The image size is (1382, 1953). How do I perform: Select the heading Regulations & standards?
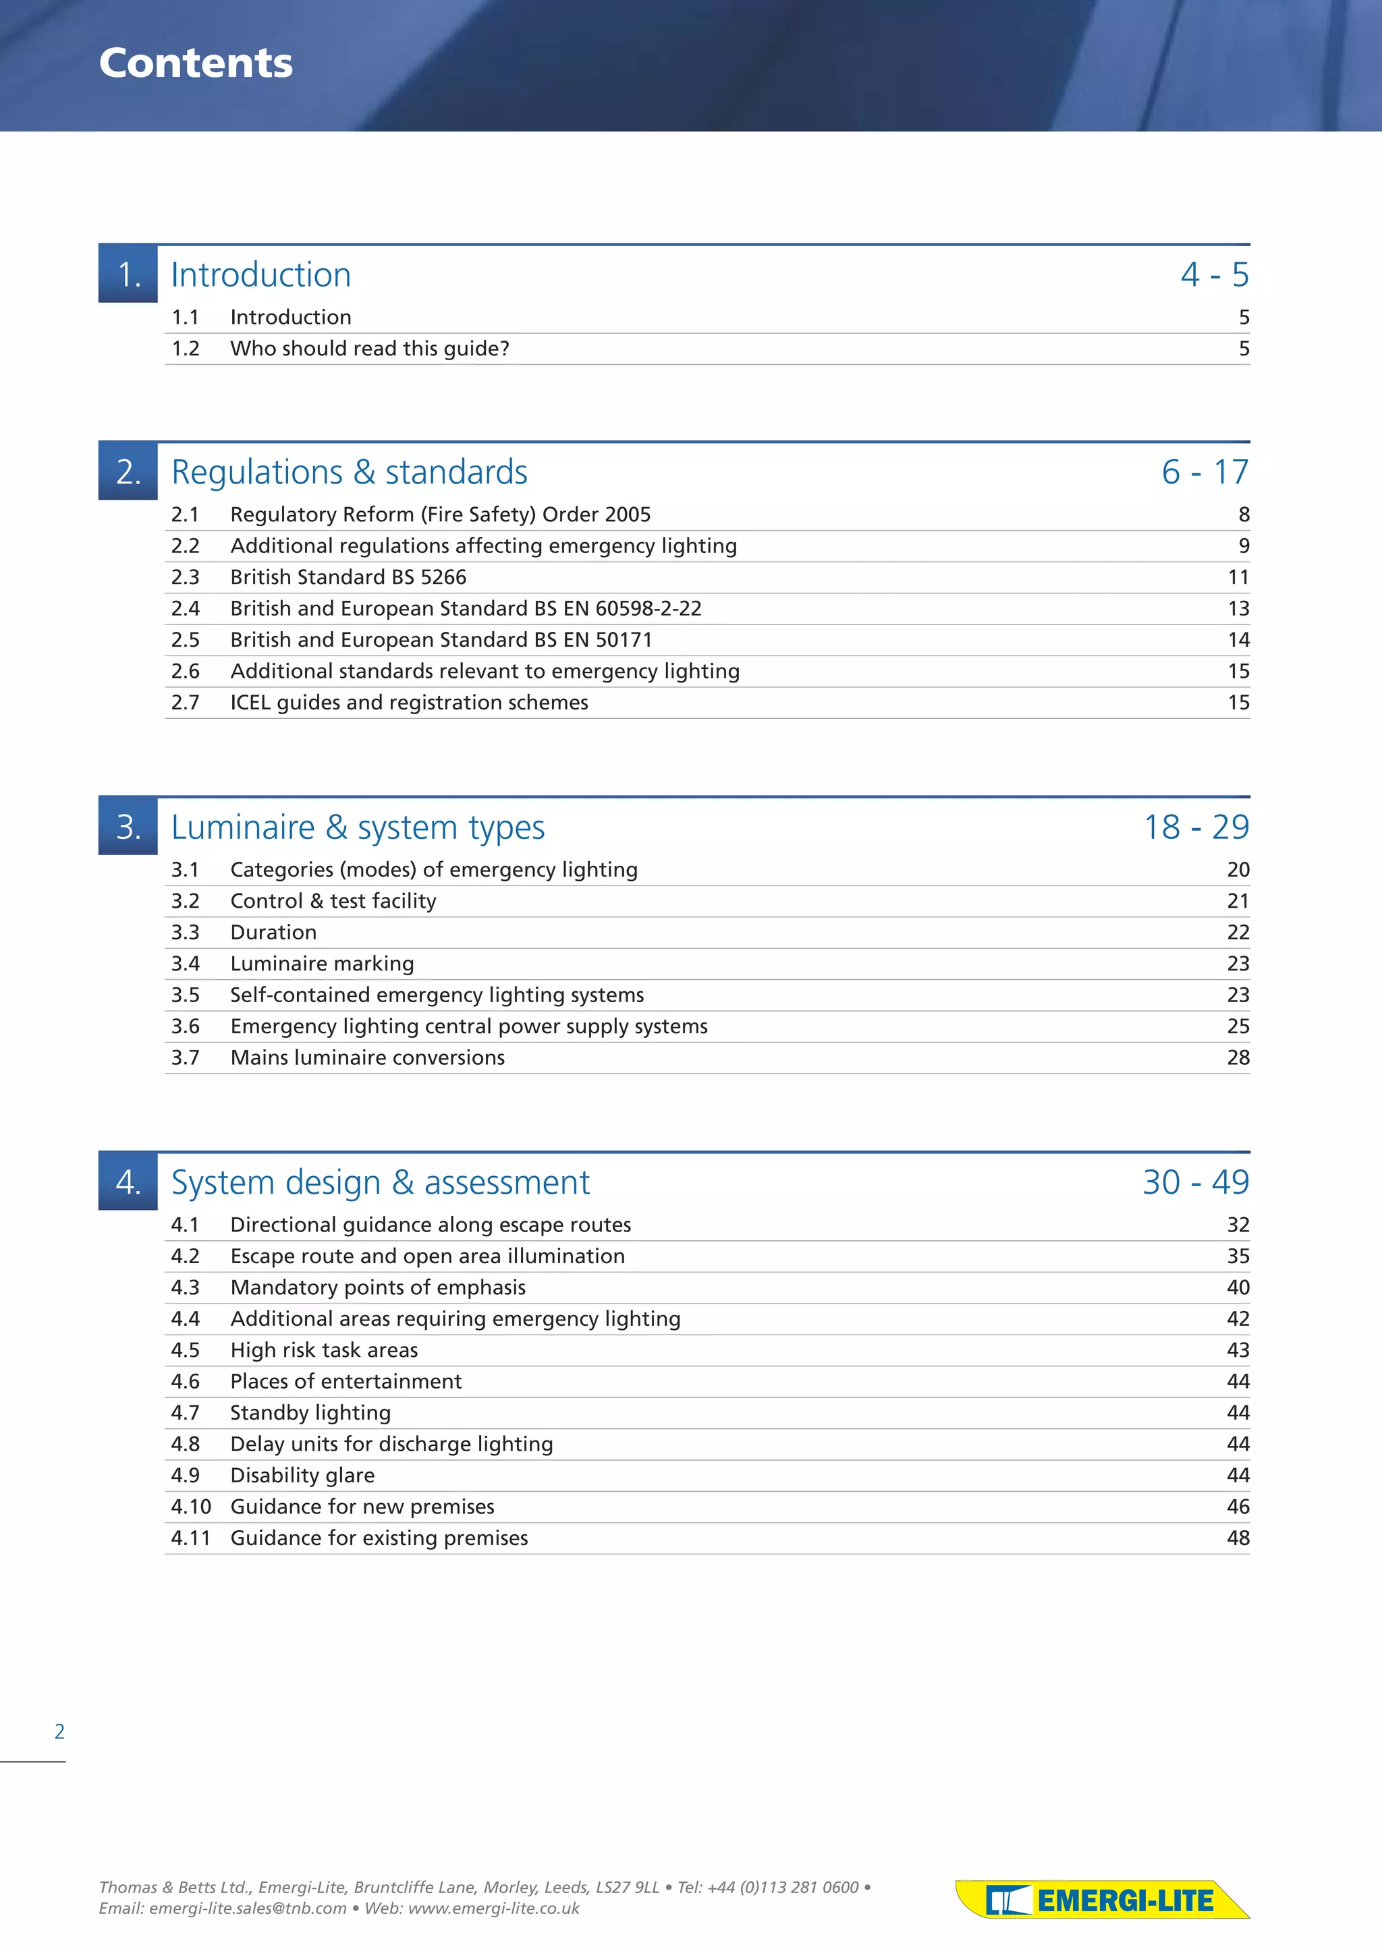click(349, 472)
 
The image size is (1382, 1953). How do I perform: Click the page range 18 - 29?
click(1196, 827)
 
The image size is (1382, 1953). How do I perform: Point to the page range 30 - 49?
click(1196, 1182)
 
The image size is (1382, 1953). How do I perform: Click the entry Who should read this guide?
click(369, 349)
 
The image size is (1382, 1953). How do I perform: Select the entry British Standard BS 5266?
click(348, 577)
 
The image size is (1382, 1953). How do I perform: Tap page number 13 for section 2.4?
click(1238, 609)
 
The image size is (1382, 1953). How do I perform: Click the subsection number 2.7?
click(186, 703)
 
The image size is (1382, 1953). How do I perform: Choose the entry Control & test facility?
click(333, 902)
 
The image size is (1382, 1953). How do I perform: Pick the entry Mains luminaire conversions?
click(367, 1058)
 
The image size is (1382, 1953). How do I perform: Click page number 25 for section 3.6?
click(1238, 1026)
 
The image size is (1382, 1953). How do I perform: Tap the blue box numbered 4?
click(128, 1182)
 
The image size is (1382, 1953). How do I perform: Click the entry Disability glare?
click(302, 1476)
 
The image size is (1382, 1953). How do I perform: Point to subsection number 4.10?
click(190, 1507)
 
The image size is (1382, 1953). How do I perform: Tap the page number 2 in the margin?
click(59, 1731)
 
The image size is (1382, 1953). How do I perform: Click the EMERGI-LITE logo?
click(1102, 1900)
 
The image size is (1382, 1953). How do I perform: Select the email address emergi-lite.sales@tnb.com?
click(248, 1908)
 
